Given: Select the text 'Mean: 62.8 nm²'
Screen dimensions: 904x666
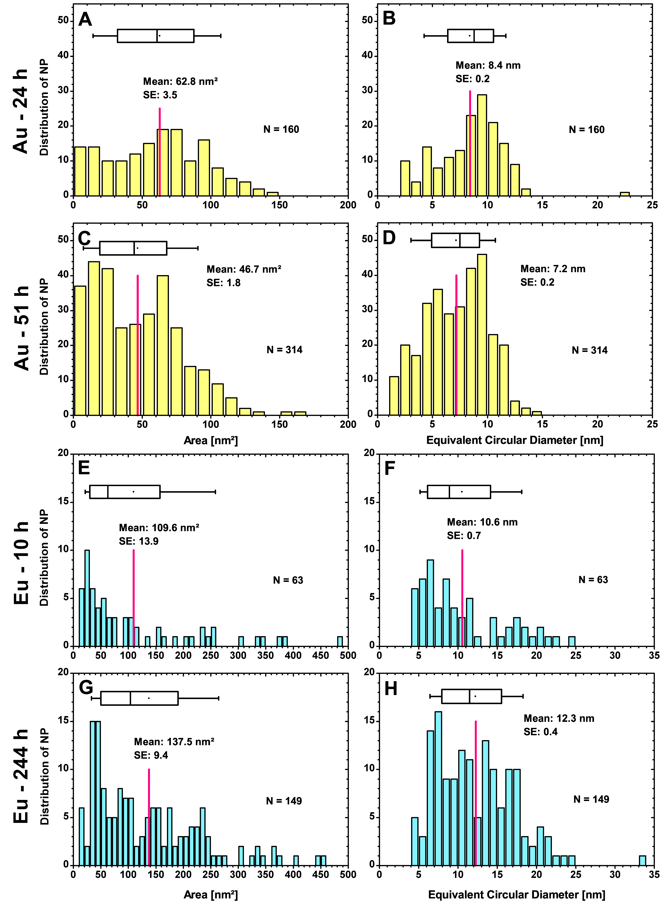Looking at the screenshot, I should [180, 81].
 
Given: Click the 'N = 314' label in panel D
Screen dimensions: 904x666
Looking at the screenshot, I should [589, 350].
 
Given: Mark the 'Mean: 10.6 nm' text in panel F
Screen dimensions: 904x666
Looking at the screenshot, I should [482, 522].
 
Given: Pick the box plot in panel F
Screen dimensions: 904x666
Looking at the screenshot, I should [459, 492].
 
